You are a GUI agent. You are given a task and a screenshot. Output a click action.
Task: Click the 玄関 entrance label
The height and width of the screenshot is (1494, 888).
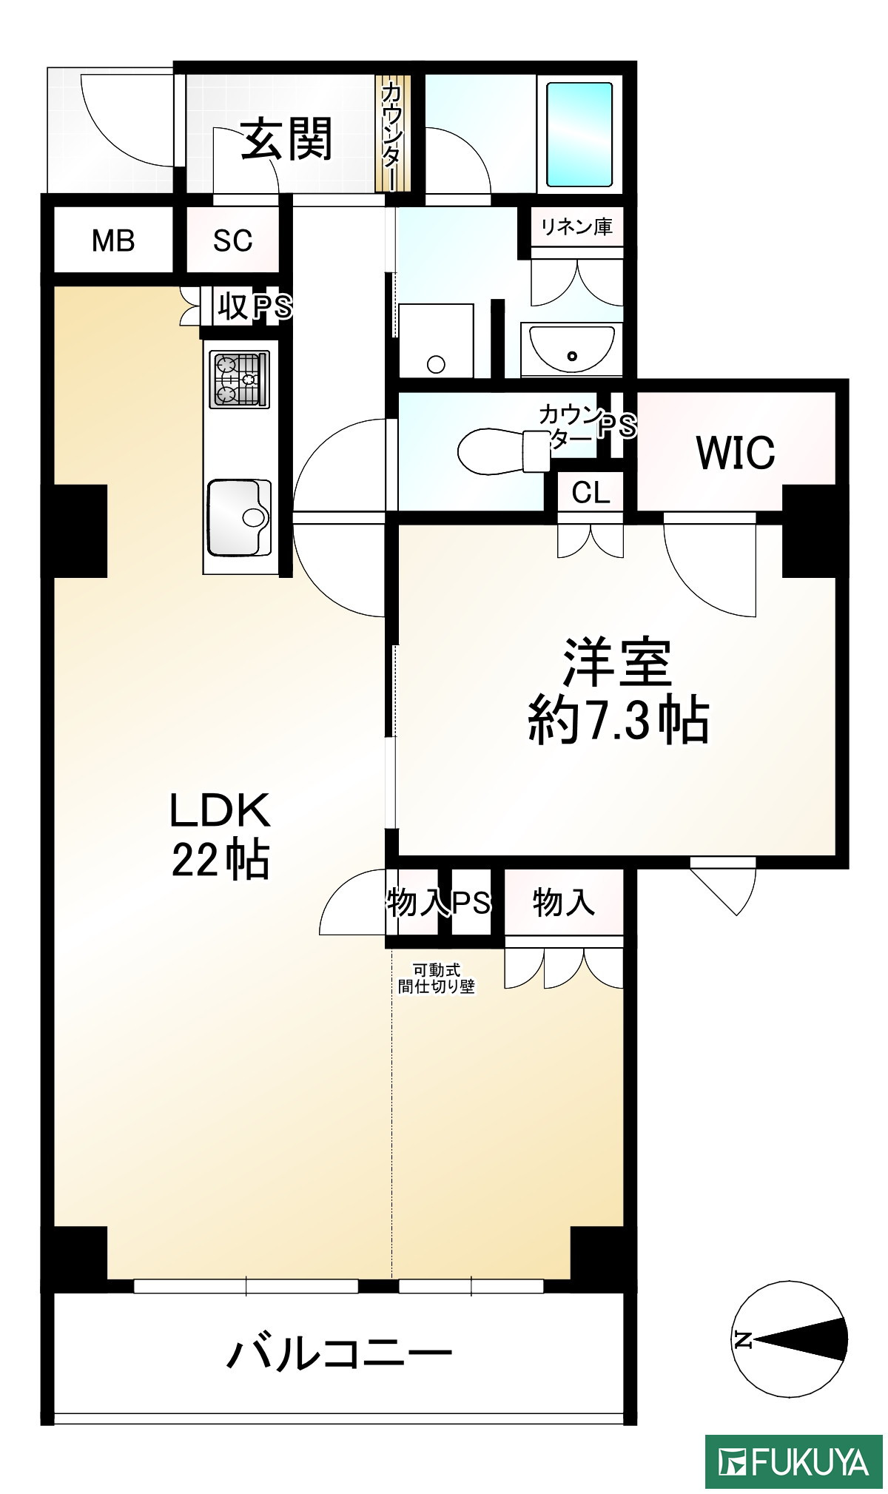[x=286, y=138]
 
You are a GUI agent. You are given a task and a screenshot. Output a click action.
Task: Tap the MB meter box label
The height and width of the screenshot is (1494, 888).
[x=113, y=240]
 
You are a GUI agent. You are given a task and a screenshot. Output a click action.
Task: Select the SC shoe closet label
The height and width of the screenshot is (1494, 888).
[x=232, y=240]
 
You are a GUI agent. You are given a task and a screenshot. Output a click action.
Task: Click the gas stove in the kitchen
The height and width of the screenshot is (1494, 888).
[x=240, y=380]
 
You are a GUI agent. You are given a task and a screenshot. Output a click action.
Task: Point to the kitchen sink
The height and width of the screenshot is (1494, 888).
[x=239, y=517]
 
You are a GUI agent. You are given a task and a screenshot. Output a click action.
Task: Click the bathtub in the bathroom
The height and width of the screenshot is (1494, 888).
[x=579, y=135]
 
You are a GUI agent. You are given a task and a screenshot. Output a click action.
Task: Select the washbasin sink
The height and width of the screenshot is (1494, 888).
[x=571, y=349]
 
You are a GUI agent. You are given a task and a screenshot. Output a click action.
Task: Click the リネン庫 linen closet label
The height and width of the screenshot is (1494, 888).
[x=576, y=226]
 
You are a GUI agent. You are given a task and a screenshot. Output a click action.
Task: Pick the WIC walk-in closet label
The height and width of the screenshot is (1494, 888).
[x=736, y=452]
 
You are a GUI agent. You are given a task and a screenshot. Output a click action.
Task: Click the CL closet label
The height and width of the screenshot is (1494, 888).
[x=591, y=492]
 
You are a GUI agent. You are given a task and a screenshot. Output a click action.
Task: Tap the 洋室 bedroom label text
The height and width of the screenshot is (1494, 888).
[x=617, y=662]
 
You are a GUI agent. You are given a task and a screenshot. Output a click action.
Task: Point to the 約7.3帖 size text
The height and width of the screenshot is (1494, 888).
[x=619, y=719]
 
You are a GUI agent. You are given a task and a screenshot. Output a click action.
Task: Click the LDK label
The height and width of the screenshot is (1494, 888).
[x=221, y=810]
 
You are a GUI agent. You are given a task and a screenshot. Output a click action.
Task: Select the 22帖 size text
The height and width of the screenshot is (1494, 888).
[x=221, y=860]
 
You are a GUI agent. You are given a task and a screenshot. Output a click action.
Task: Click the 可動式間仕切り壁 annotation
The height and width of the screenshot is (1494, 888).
[x=437, y=978]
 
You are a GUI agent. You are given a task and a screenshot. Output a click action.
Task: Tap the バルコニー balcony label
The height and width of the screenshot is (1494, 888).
[x=339, y=1355]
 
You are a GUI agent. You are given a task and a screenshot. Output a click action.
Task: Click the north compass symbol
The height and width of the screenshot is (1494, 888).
[x=790, y=1339]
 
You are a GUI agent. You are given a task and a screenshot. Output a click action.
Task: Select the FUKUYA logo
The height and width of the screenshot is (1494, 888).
[x=793, y=1461]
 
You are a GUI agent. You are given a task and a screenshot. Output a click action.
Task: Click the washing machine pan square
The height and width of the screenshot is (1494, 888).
[x=436, y=340]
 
